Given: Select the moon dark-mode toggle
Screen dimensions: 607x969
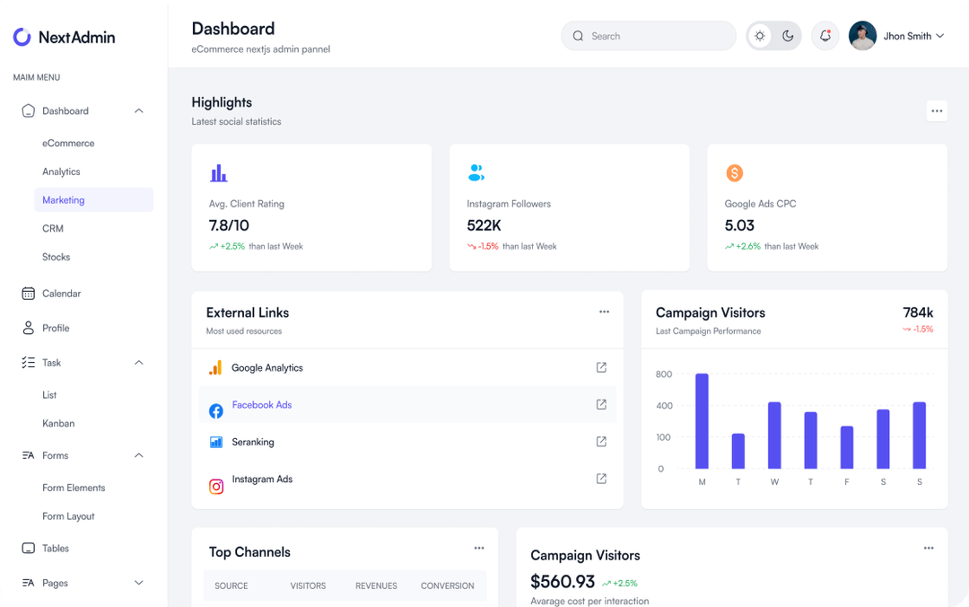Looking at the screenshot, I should (788, 36).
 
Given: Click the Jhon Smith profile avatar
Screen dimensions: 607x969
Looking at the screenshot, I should (862, 36).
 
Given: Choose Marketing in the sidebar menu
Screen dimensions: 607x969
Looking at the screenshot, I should (64, 200).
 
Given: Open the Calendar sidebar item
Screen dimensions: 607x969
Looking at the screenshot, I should (61, 294).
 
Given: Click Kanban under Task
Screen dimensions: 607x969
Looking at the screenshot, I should (58, 423).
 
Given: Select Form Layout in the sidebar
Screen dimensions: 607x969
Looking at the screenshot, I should (68, 516).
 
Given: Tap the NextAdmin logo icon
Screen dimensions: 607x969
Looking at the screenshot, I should (22, 37).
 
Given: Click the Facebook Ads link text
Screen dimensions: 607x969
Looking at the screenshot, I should (262, 405).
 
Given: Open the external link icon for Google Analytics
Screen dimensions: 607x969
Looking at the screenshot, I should (601, 367).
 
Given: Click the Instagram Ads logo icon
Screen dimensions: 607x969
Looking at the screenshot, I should (216, 487).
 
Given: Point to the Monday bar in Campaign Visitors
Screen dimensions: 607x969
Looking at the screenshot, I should (702, 421).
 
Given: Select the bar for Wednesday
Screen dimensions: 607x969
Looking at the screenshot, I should (774, 435).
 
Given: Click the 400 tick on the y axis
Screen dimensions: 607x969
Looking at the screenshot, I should (664, 406).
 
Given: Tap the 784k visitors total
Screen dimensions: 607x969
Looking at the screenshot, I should (918, 312).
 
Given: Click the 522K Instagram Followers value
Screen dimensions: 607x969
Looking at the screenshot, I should (484, 225).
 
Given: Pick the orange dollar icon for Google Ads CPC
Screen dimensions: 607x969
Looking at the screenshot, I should (734, 173).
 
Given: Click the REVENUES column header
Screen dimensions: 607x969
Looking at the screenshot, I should (376, 585).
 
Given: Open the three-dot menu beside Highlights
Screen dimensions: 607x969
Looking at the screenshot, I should (937, 111).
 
